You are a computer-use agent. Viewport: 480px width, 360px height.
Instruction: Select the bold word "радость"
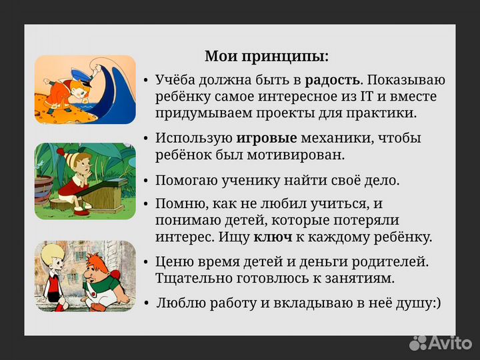click(x=333, y=81)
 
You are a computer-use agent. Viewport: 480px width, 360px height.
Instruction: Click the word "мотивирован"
click(x=305, y=155)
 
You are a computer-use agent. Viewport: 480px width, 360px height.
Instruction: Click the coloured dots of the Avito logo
click(x=418, y=342)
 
